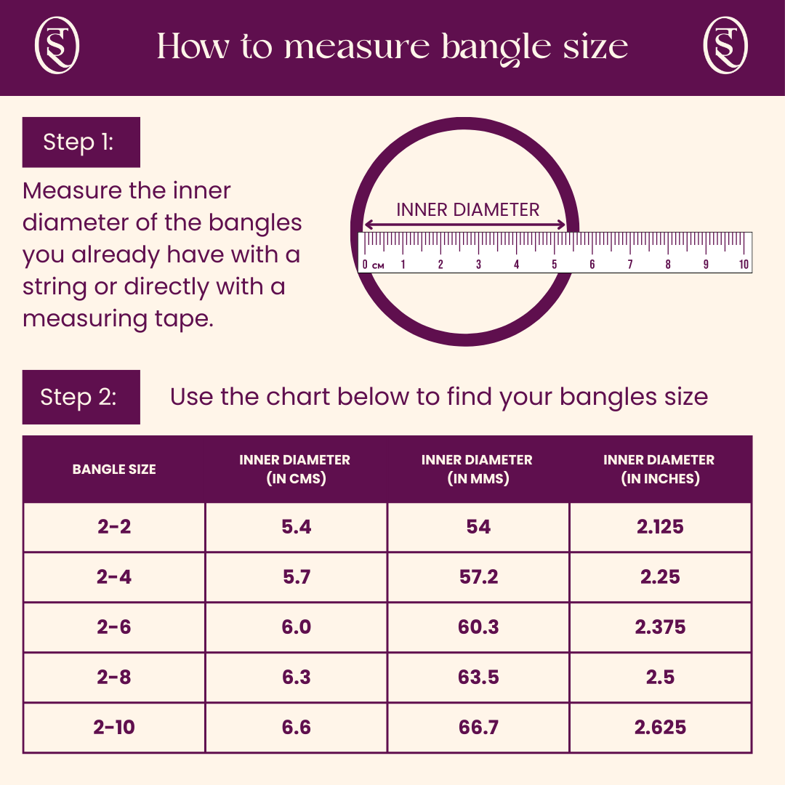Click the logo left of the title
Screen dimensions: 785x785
(57, 46)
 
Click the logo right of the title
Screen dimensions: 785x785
(726, 46)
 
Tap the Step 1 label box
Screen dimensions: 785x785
(81, 142)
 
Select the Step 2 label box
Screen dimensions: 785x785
(81, 397)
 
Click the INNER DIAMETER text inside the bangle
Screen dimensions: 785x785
(467, 210)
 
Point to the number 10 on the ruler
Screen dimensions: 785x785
(744, 265)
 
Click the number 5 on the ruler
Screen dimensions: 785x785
(555, 265)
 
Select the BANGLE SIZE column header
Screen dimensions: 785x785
(114, 470)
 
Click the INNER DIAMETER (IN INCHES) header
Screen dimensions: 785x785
(659, 470)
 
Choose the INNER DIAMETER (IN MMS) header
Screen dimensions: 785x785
(477, 470)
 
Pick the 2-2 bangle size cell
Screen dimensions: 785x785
(114, 527)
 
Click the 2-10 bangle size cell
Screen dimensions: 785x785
(114, 728)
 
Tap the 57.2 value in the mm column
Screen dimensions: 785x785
(478, 577)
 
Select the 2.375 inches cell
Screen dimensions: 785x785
(660, 627)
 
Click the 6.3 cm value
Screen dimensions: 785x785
(296, 677)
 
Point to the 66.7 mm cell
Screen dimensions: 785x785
(478, 728)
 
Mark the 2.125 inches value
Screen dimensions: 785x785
(660, 527)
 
